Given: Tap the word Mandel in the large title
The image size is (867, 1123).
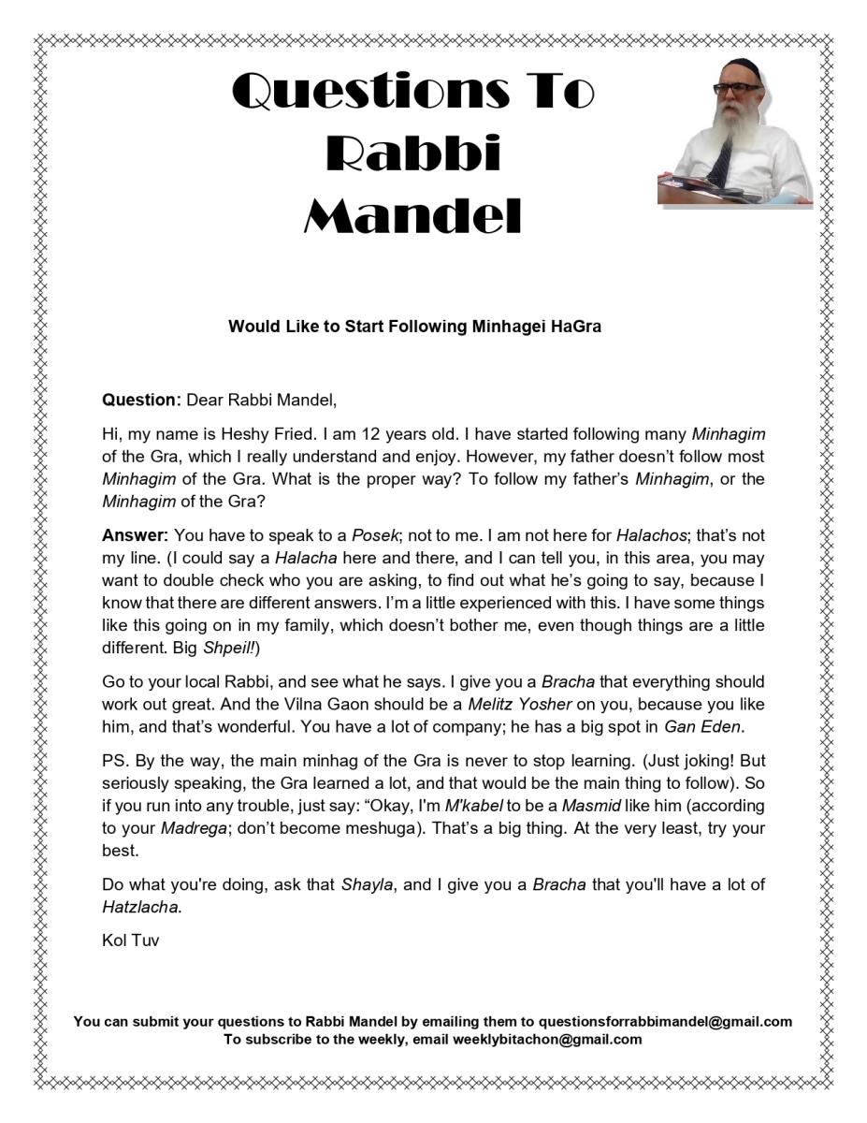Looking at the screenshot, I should [412, 217].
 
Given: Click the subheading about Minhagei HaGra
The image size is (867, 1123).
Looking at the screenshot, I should [414, 327].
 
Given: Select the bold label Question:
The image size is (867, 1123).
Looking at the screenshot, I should [141, 401].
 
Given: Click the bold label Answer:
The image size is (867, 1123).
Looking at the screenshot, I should [135, 535].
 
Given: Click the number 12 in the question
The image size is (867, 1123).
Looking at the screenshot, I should [370, 434].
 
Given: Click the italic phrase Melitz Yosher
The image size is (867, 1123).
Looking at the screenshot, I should [542, 704].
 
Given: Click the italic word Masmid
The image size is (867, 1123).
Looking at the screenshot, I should [591, 805].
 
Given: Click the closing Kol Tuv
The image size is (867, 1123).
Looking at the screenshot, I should [130, 941].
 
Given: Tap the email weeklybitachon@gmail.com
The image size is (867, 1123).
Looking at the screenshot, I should [547, 1039].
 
